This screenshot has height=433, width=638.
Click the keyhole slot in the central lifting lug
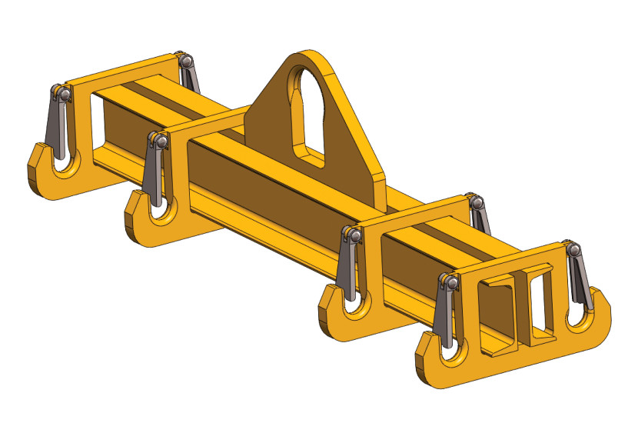pyautogui.click(x=305, y=108)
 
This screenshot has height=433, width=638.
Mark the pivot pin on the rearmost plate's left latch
pyautogui.click(x=62, y=94)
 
